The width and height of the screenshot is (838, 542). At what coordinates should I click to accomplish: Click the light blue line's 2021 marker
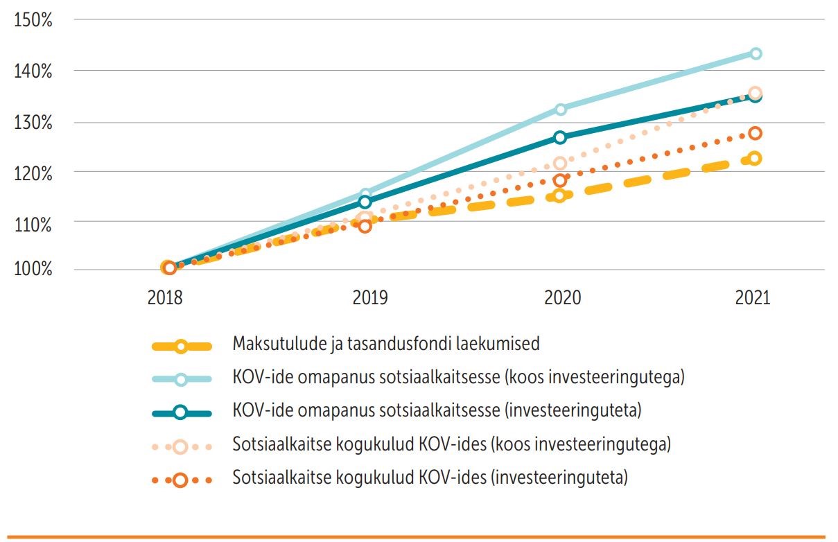click(x=756, y=53)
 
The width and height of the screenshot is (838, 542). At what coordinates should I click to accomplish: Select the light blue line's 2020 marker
click(x=560, y=109)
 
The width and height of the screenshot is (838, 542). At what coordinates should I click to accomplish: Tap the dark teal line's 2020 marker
click(x=560, y=137)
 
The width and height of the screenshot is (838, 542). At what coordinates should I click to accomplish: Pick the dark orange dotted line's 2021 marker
click(x=756, y=133)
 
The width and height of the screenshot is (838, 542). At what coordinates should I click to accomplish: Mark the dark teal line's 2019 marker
click(x=365, y=202)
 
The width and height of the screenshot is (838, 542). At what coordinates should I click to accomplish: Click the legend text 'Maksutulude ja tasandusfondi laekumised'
click(x=386, y=344)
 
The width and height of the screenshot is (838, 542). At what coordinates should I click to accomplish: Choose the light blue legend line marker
click(x=180, y=379)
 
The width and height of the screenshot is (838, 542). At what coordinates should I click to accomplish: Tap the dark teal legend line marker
click(x=180, y=412)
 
